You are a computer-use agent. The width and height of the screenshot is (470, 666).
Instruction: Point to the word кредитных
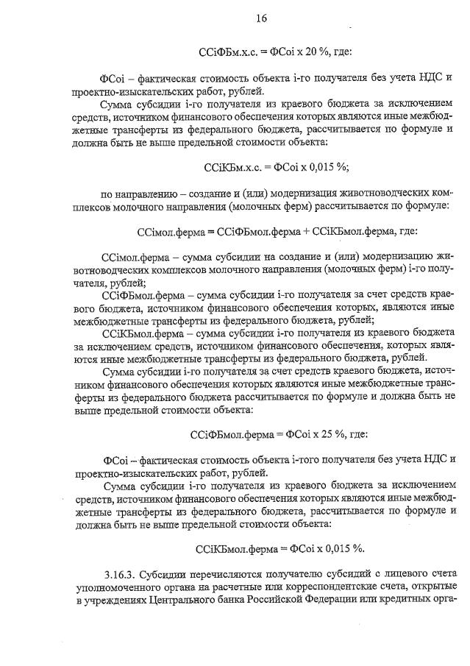[416, 604]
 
